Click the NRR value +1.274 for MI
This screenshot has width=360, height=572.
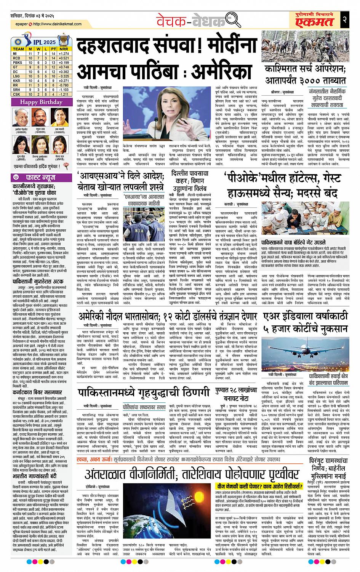(x=64, y=54)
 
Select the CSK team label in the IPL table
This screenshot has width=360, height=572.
(x=18, y=94)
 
